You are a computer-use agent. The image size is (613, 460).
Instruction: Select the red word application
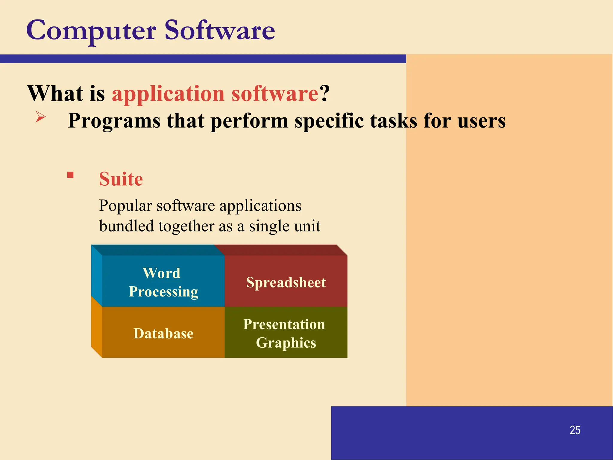click(x=168, y=94)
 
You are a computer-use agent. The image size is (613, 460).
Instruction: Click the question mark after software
click(x=324, y=93)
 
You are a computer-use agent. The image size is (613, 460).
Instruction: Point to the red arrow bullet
click(x=40, y=116)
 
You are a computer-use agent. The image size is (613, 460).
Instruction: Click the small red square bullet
click(x=70, y=175)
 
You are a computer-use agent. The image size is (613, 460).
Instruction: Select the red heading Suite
click(x=121, y=179)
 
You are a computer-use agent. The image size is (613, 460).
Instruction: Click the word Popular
click(x=125, y=206)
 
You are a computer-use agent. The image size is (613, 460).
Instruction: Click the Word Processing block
click(x=163, y=282)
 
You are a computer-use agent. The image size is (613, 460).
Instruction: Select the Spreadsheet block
click(x=286, y=282)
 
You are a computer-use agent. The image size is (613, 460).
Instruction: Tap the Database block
click(x=163, y=333)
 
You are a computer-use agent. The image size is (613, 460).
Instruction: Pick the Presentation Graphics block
click(x=286, y=333)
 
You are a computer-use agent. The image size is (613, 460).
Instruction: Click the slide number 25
click(x=575, y=430)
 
